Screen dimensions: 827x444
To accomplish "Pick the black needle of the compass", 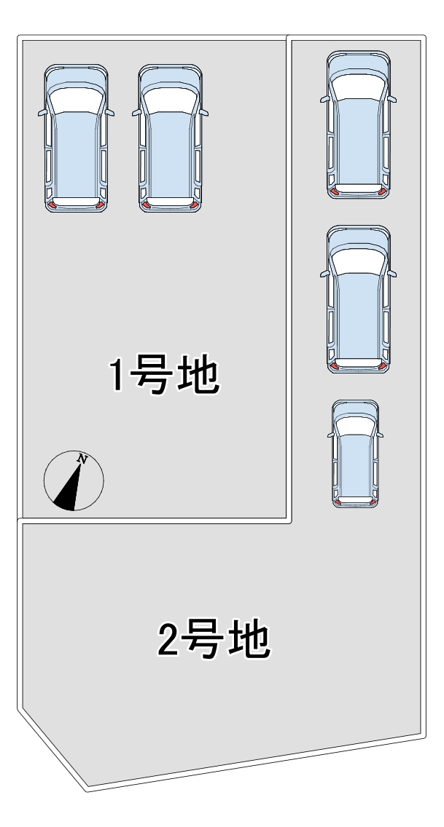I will pos(68,492).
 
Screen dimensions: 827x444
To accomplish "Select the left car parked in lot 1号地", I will pos(77,138).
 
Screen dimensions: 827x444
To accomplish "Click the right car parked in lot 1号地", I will pos(171,138).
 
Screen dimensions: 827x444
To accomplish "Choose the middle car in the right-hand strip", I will pos(358,298).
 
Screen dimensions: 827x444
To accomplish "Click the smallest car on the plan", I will pos(355,453).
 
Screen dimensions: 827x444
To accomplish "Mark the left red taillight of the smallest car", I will pos(338,502).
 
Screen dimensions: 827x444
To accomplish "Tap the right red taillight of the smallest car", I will pos(373,502).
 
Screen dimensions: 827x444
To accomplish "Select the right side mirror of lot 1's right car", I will pos(205,113).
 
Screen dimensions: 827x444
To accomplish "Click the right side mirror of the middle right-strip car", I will pos(392,274).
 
